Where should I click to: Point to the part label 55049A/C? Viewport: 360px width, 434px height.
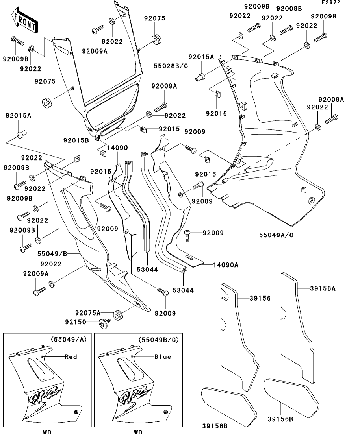[276, 235]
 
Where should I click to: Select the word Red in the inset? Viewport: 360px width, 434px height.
[71, 357]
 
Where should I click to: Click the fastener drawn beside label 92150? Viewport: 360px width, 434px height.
[105, 323]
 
